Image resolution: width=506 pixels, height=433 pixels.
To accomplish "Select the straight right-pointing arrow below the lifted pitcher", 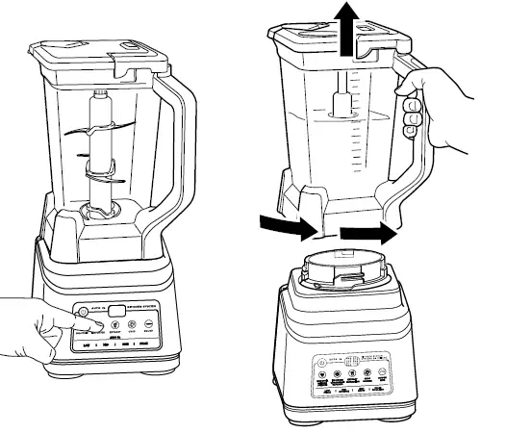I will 368,232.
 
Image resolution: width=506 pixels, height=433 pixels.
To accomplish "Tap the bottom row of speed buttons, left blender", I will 120,342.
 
